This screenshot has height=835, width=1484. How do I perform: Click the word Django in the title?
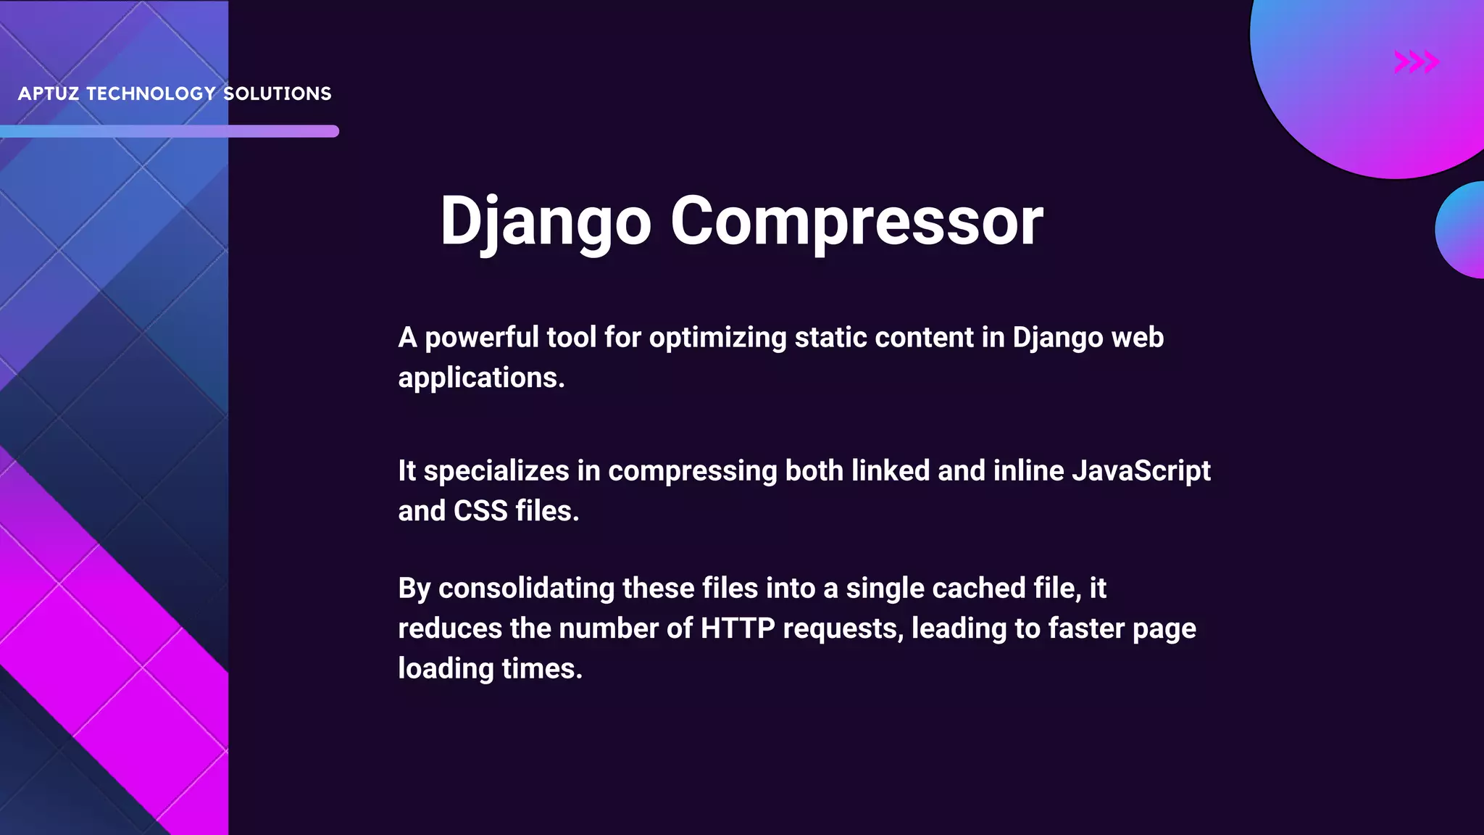pyautogui.click(x=545, y=221)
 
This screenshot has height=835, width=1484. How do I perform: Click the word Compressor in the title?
pyautogui.click(x=856, y=221)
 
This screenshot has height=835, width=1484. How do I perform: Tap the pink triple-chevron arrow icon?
pyautogui.click(x=1416, y=62)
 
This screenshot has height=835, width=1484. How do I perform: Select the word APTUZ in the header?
pyautogui.click(x=49, y=94)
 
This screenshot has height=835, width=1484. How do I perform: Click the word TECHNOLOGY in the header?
pyautogui.click(x=151, y=94)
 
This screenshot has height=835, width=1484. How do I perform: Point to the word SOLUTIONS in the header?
pyautogui.click(x=277, y=94)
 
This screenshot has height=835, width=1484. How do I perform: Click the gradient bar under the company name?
pyautogui.click(x=170, y=131)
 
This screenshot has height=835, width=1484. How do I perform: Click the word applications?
pyautogui.click(x=480, y=378)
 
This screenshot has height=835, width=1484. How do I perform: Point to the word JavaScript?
pyautogui.click(x=1141, y=471)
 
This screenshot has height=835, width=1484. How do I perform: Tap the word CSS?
pyautogui.click(x=480, y=511)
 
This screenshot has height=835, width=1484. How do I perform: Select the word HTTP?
pyautogui.click(x=737, y=628)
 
